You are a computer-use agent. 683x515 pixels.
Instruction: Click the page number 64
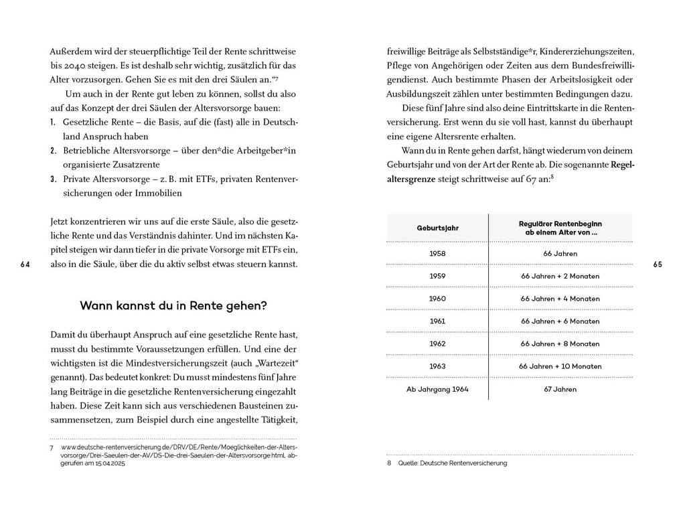[25, 265]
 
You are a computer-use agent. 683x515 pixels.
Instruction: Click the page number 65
[657, 265]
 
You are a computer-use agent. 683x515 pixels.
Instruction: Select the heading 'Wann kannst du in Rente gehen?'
[173, 306]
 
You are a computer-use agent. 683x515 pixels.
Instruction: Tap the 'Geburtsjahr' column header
[437, 228]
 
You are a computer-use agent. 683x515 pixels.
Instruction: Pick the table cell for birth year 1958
[437, 254]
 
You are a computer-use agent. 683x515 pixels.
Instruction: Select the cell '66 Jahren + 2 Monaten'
[559, 276]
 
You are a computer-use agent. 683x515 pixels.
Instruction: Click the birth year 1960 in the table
[437, 299]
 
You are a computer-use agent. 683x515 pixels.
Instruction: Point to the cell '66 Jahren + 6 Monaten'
[559, 321]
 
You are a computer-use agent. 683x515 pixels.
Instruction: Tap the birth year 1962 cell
[437, 344]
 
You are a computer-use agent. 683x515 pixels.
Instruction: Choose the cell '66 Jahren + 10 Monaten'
[559, 366]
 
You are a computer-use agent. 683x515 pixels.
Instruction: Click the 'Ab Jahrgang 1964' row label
[437, 388]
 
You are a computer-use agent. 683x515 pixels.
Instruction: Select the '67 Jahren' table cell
[559, 388]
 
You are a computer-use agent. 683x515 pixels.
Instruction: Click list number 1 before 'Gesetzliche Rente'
[53, 124]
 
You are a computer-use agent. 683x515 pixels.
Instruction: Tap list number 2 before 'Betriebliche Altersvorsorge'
[53, 151]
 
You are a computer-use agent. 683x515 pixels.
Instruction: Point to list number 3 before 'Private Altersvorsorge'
[53, 179]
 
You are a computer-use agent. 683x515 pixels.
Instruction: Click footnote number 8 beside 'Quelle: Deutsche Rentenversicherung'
[389, 463]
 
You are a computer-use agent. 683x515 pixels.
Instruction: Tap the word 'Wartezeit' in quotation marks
[278, 362]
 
